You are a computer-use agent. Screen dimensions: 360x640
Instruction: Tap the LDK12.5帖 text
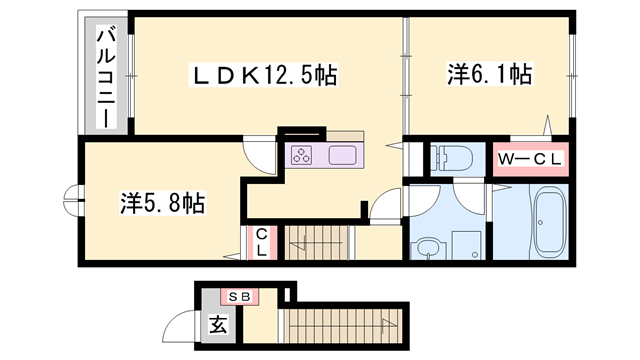264,73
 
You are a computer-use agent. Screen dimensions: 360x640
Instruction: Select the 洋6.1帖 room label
487,73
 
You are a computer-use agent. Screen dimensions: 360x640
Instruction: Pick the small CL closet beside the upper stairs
260,243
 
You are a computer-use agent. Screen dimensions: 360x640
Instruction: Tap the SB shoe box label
239,296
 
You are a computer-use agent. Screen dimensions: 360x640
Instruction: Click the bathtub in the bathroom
548,221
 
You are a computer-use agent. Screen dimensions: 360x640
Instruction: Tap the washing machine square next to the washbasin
465,245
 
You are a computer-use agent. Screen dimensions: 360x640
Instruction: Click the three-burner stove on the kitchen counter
303,155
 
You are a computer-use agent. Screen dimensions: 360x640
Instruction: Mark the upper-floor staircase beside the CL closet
319,243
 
